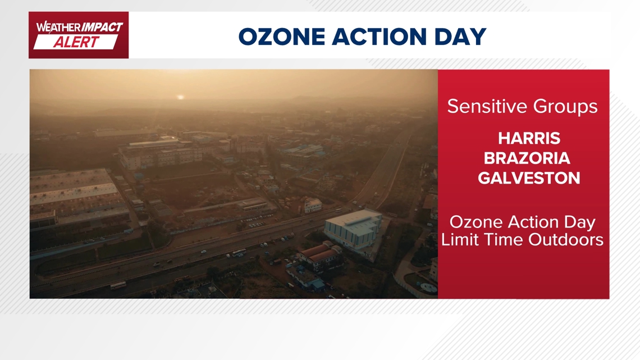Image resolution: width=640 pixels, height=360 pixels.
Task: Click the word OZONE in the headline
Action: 282,37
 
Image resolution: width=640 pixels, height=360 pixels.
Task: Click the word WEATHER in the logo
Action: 58,28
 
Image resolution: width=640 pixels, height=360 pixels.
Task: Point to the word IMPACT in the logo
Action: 102,28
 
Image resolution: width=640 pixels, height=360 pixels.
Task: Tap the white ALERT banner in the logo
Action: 76,42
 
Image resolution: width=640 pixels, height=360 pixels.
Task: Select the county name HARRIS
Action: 529,139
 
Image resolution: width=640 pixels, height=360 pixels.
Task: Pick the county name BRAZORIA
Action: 527,158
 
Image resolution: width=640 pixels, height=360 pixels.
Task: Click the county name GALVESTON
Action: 529,179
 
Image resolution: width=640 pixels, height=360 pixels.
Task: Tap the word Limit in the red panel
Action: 456,240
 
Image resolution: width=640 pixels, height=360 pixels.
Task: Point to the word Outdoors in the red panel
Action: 566,240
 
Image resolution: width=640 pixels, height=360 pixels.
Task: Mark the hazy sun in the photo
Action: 180,97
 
